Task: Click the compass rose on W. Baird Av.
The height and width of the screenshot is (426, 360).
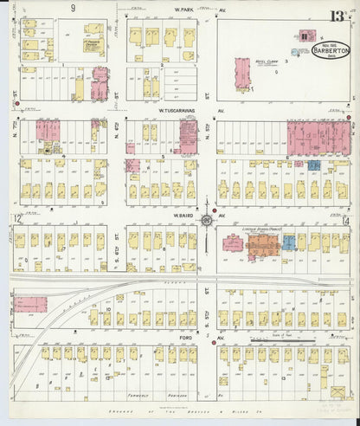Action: [207, 221]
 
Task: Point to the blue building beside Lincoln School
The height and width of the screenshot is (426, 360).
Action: [288, 243]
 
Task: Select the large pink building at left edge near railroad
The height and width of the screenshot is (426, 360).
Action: [30, 307]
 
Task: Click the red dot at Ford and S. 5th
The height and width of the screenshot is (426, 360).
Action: [208, 339]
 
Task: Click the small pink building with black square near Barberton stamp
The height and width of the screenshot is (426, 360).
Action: [306, 35]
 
